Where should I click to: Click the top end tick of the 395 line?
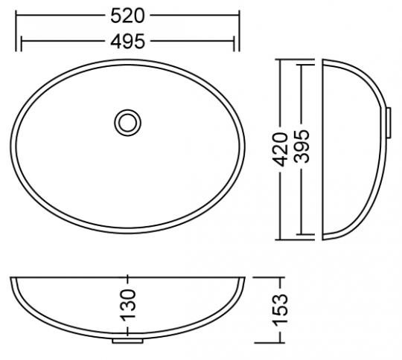click(x=301, y=65)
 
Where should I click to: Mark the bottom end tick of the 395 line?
click(x=301, y=234)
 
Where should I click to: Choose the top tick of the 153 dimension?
click(x=281, y=277)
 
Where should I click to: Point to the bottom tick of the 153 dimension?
click(x=281, y=343)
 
